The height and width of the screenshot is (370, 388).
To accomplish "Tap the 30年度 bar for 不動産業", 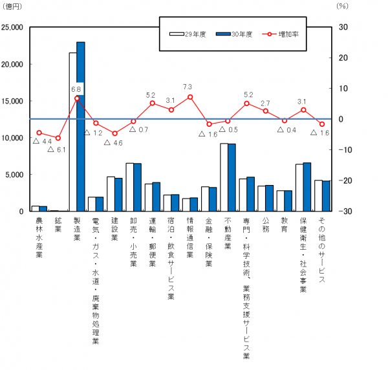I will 232,177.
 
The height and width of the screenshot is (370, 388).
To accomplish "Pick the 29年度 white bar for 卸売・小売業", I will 129,187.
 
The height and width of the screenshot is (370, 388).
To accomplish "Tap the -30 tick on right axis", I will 342,212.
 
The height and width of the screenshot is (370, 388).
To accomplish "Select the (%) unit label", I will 343,6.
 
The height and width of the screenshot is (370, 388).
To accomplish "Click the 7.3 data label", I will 188,87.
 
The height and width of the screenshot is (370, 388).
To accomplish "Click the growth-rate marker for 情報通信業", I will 190,97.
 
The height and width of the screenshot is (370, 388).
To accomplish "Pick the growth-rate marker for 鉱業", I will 58,138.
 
